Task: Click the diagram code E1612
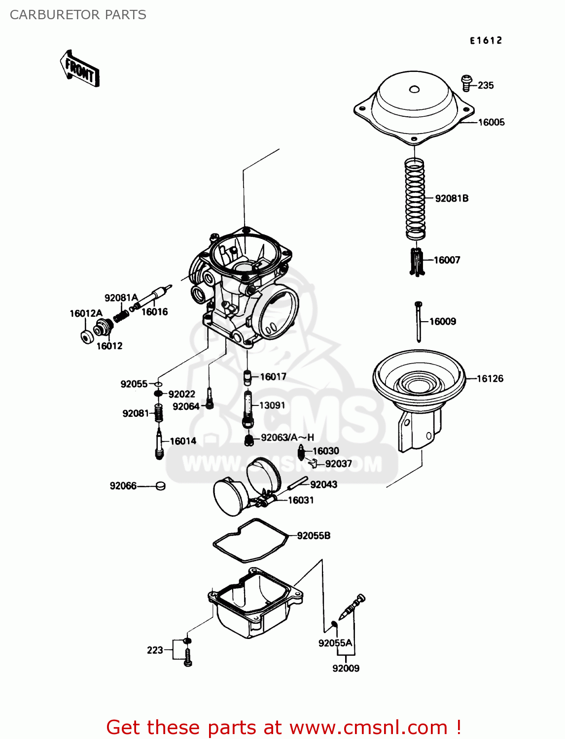(x=486, y=41)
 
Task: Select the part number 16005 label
(x=491, y=122)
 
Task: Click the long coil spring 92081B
(x=415, y=198)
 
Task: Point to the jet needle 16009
(x=418, y=321)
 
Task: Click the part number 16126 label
(x=490, y=378)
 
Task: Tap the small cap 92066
(x=160, y=486)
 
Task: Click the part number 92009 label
(x=346, y=668)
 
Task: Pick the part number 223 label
(x=155, y=650)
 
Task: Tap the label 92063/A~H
(x=287, y=437)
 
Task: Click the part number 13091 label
(x=272, y=405)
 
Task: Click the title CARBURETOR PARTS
(x=78, y=15)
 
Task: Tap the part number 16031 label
(x=300, y=500)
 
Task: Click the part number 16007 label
(x=447, y=260)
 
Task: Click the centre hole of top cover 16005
(x=414, y=89)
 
